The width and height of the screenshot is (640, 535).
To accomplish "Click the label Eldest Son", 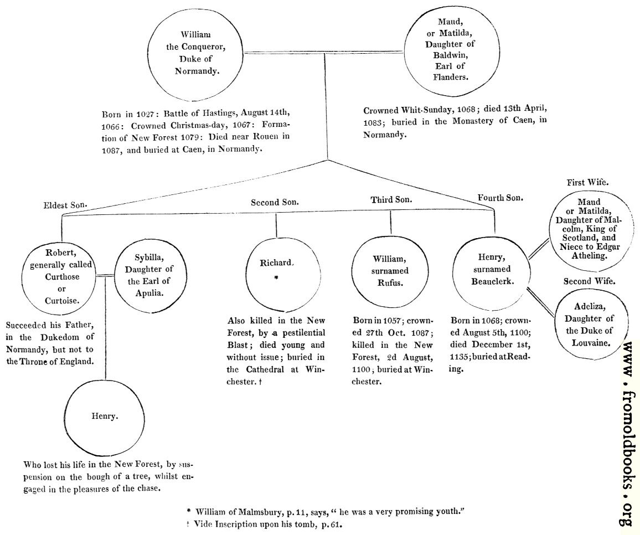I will coord(65,205).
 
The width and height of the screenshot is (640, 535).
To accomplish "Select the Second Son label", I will coord(275,202).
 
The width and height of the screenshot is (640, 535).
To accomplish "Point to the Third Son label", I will coord(391,199).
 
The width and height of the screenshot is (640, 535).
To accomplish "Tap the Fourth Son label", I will coord(500,197).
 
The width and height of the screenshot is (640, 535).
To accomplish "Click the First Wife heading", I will coord(588,182).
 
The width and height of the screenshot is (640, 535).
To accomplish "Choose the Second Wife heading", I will coord(589,281).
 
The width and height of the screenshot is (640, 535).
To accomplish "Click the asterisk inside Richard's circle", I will coord(276,278).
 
